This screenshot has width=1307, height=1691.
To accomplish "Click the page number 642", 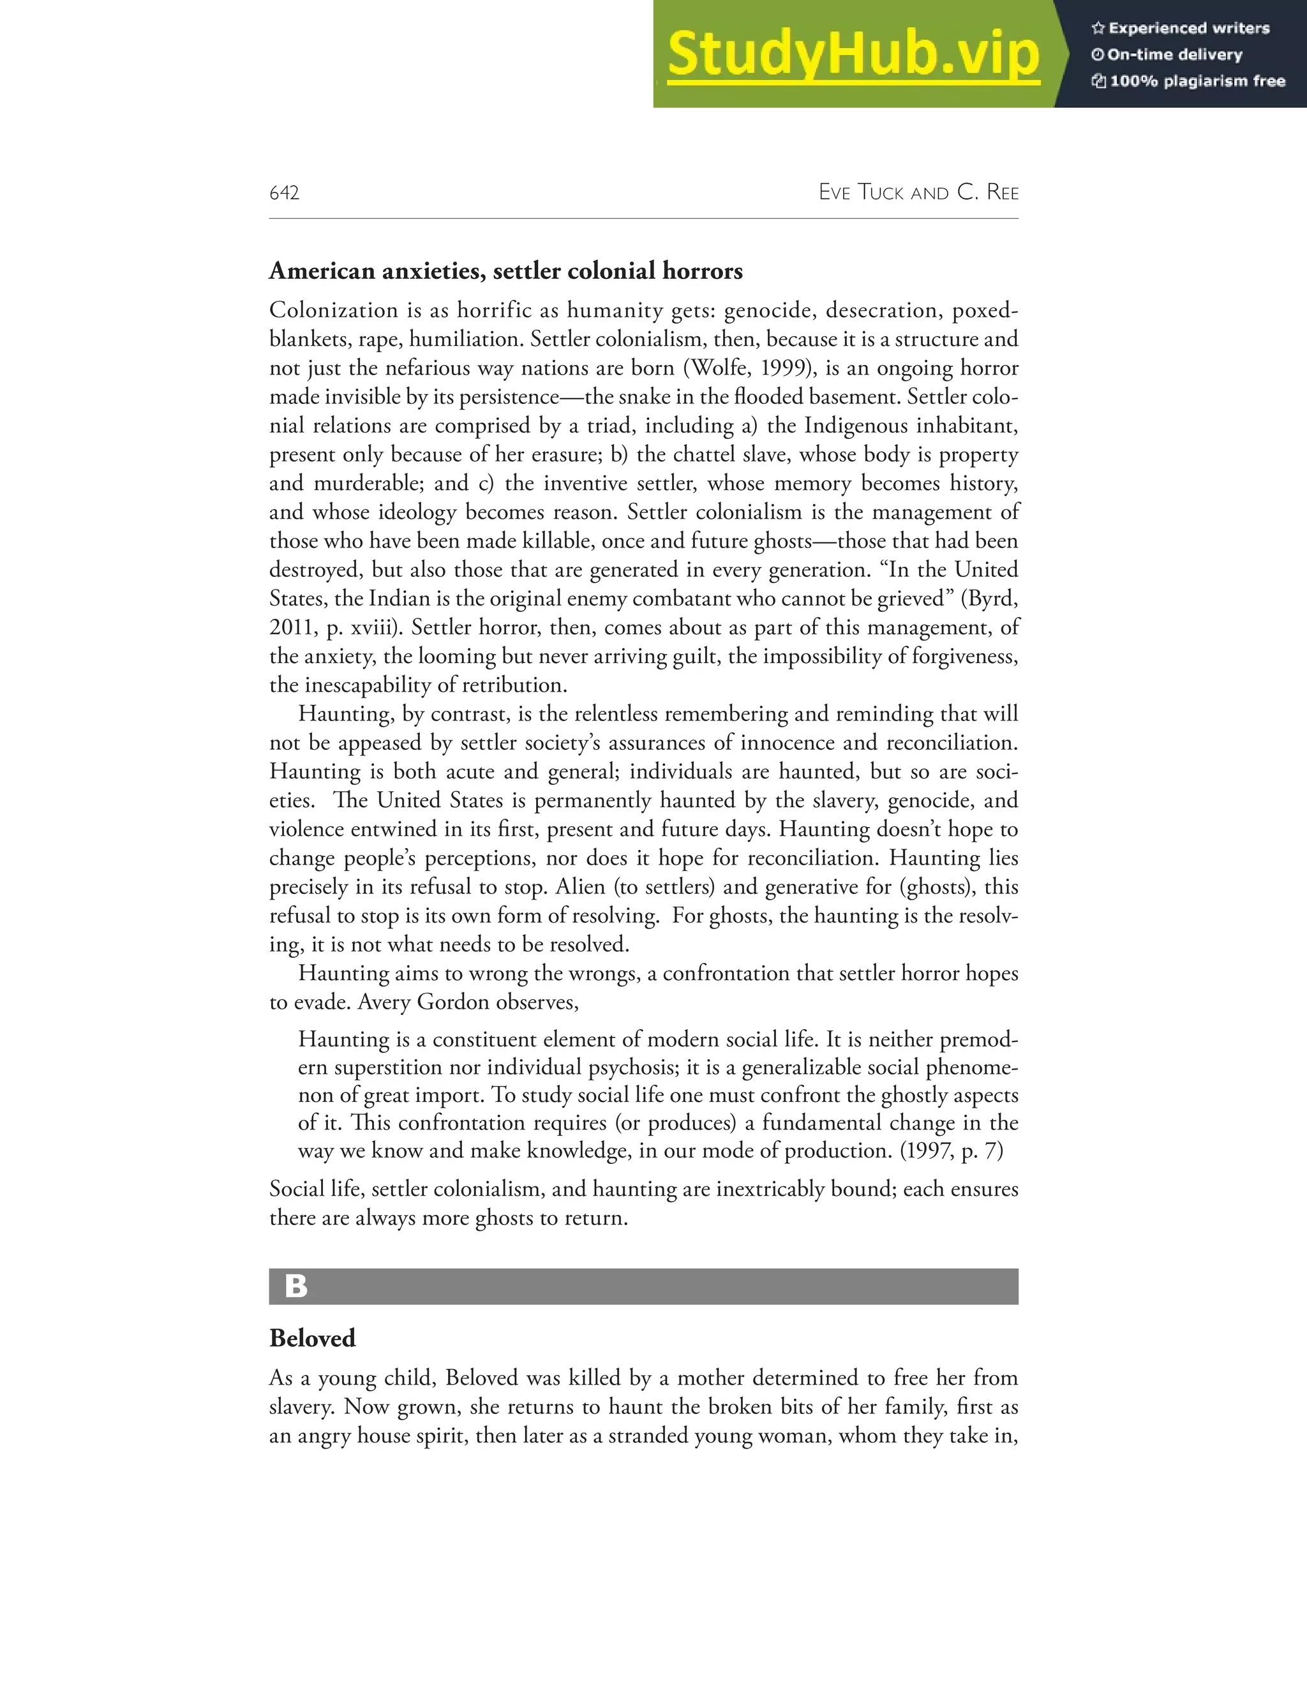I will (284, 193).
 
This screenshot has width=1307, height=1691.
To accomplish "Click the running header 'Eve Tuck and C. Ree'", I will (918, 192).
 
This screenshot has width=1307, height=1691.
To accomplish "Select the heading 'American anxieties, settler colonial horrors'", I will (505, 271).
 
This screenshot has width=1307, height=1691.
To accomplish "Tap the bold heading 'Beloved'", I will (312, 1338).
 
